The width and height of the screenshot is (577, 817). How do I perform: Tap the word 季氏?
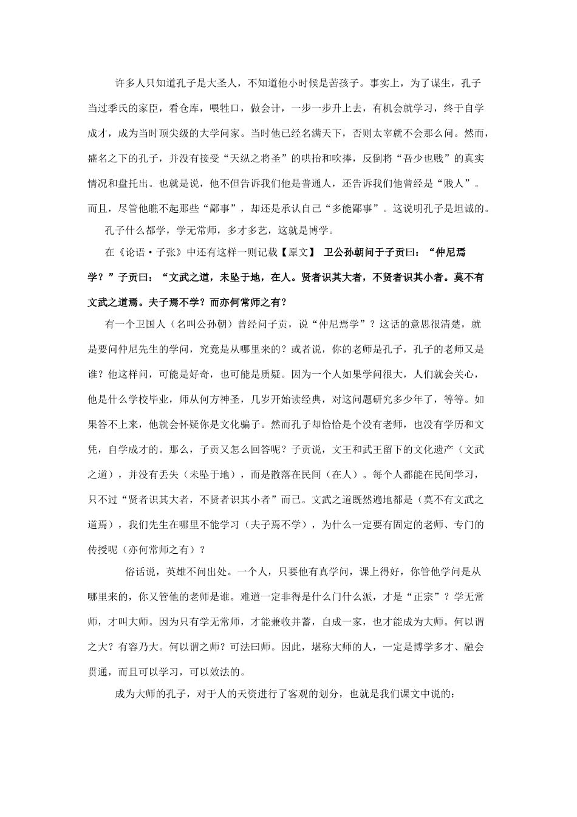128,108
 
